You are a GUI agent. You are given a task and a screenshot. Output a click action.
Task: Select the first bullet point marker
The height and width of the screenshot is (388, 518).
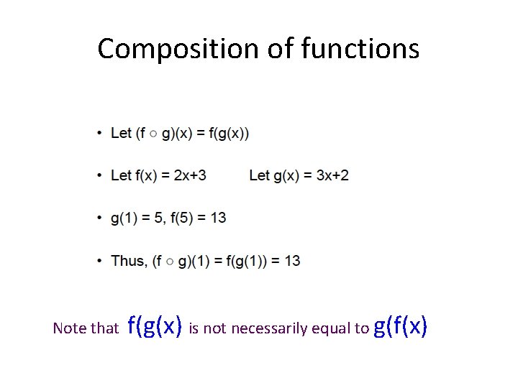pos(99,134)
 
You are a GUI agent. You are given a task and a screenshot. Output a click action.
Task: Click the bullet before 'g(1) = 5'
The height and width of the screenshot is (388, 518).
pos(99,218)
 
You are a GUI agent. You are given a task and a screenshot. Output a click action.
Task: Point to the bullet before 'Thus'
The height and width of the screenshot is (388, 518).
pos(99,261)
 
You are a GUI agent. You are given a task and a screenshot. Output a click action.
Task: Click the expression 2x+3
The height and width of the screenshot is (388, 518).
pos(190,175)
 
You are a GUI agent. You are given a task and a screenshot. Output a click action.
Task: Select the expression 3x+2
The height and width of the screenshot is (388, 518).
pos(332,175)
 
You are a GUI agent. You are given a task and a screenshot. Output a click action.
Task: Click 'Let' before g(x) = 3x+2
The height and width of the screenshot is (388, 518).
pos(260,175)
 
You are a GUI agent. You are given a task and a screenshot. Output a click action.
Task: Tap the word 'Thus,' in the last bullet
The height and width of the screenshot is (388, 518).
pos(129,261)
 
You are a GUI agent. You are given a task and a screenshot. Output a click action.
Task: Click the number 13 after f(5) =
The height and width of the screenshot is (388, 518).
pos(218,218)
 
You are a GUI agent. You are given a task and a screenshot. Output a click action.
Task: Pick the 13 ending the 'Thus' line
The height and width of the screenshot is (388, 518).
pos(292,261)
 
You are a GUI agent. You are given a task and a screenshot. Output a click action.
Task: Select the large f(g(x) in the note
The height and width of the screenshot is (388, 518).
pos(154,326)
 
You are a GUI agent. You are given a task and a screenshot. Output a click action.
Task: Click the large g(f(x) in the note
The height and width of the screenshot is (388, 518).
pos(401,326)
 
